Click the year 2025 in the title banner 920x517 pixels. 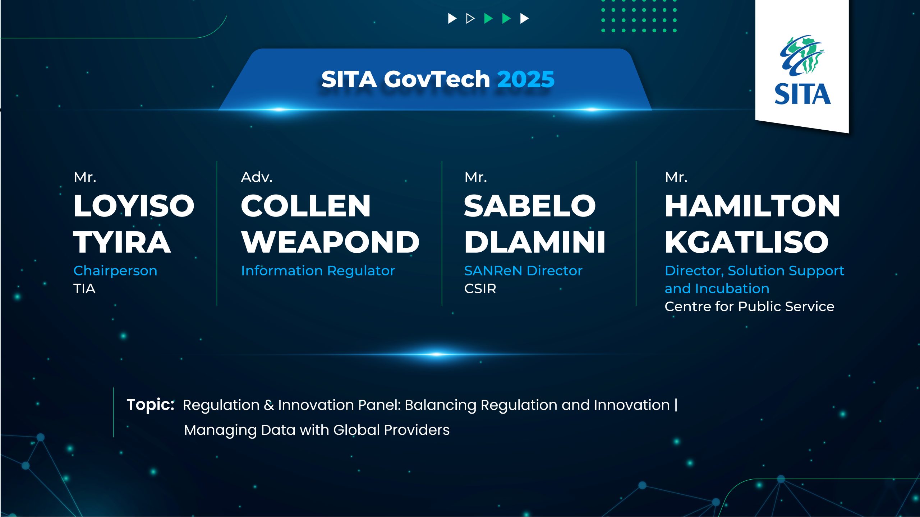[x=526, y=79]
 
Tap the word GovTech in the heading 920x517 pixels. [x=437, y=79]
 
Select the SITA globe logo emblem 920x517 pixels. [x=802, y=55]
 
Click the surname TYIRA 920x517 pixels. [x=122, y=242]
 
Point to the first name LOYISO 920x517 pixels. [x=134, y=206]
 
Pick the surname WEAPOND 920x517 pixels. [x=330, y=242]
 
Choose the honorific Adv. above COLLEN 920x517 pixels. [x=257, y=177]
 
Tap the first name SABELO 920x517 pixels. [x=530, y=206]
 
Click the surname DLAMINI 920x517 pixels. [x=535, y=242]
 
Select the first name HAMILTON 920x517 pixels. [x=753, y=206]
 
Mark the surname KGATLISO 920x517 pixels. [x=747, y=242]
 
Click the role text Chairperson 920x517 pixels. [x=115, y=271]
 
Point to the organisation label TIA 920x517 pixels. [x=84, y=289]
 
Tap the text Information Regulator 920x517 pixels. [x=318, y=271]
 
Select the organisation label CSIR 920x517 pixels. [x=480, y=289]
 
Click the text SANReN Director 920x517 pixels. [x=523, y=271]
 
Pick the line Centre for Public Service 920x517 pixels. [x=749, y=307]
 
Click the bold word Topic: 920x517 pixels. [x=151, y=405]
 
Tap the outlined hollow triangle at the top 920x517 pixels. [x=470, y=18]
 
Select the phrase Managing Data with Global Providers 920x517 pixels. [x=317, y=430]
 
